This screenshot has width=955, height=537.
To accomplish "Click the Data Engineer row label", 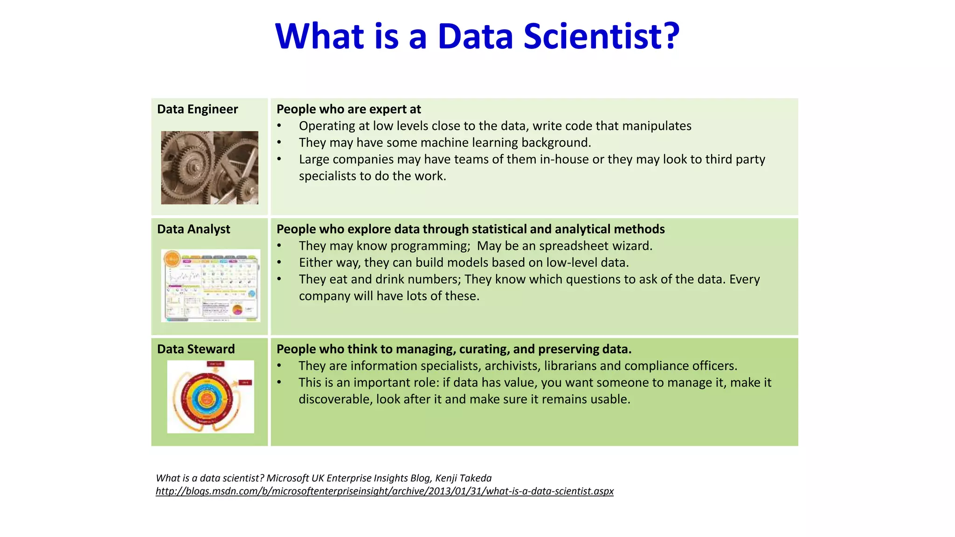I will (197, 109).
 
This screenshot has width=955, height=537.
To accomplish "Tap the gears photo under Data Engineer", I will (209, 167).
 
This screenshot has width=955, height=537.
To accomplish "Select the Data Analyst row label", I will (194, 229).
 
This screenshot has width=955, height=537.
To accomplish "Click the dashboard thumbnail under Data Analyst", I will (210, 285).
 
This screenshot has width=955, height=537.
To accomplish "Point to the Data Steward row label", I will (196, 349).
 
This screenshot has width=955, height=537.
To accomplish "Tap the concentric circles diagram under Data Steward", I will (210, 397).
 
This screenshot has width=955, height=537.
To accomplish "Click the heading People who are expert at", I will (348, 109).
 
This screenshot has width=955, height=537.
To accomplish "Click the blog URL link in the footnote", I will (384, 491).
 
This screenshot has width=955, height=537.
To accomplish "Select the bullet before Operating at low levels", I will (279, 126).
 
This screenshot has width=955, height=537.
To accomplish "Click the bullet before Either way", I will (279, 262).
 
